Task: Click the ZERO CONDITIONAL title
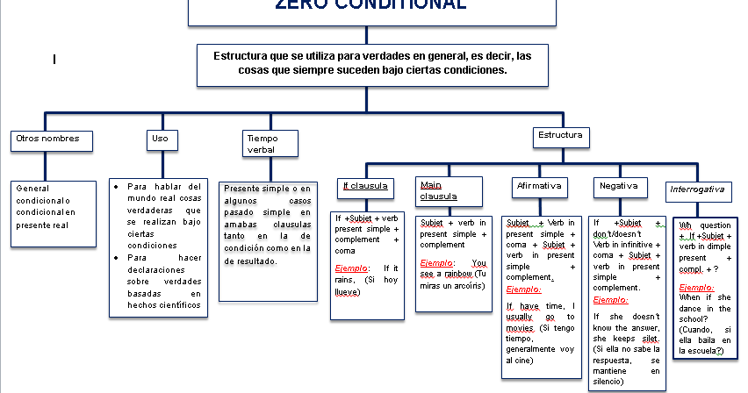370,5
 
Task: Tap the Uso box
161,139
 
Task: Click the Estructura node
560,137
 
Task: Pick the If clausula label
364,186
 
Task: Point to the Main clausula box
449,190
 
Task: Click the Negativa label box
619,186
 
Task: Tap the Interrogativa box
697,189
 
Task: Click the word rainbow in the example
458,275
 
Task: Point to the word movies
520,328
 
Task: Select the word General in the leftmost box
32,188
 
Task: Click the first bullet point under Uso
117,187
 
